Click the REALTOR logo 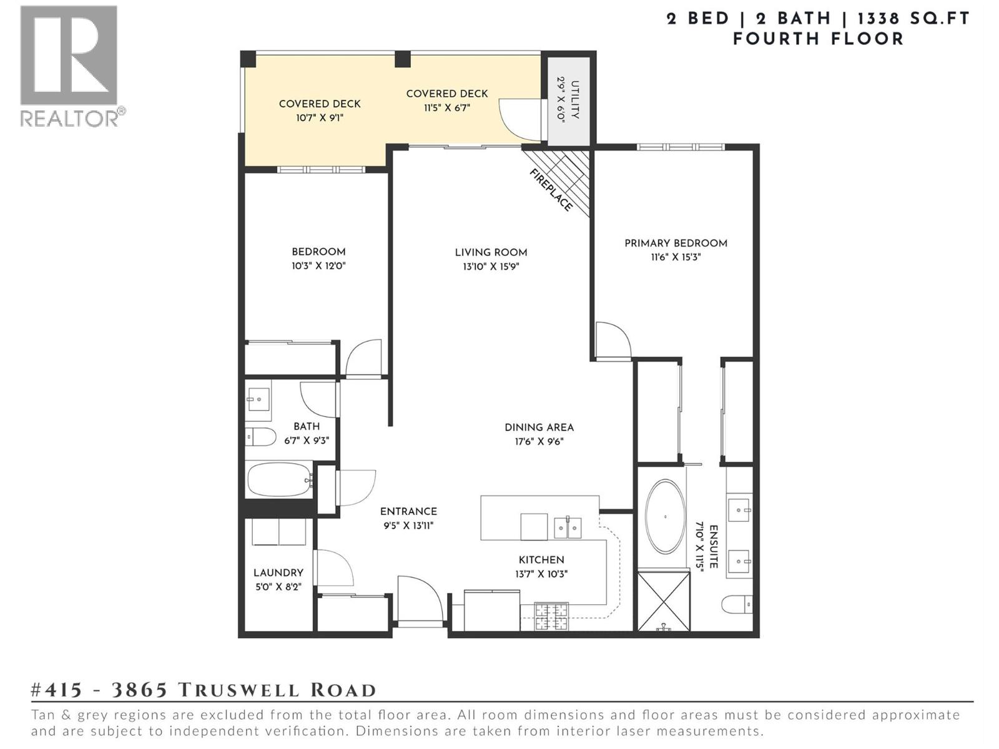(69, 65)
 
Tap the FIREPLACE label (551, 190)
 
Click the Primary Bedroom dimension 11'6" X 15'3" (676, 257)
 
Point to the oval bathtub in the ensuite (665, 517)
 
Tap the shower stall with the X (664, 600)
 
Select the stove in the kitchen (552, 616)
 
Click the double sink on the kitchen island (568, 528)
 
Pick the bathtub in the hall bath (279, 479)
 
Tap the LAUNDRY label (278, 572)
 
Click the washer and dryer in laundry (279, 532)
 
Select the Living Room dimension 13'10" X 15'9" (491, 267)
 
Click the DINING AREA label (539, 428)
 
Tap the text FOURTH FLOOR (818, 39)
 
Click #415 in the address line (57, 690)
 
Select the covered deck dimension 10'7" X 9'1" (320, 117)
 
